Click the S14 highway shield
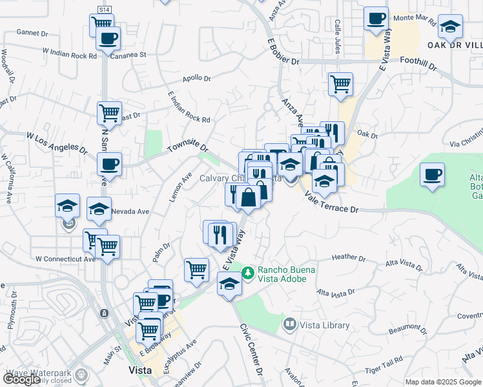point(105,10)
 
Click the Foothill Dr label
point(419,64)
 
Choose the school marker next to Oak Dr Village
point(451,26)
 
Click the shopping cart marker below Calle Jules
point(340,83)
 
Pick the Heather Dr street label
point(349,257)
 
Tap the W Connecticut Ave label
point(65,259)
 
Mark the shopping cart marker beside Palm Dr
point(196,270)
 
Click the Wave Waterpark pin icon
point(81,374)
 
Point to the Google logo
point(22,379)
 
